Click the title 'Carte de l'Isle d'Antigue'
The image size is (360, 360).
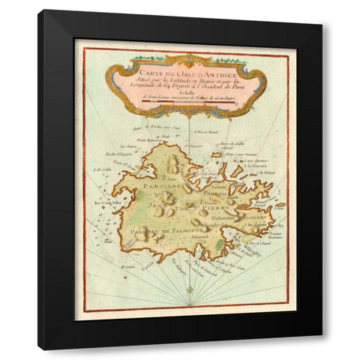(184, 73)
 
